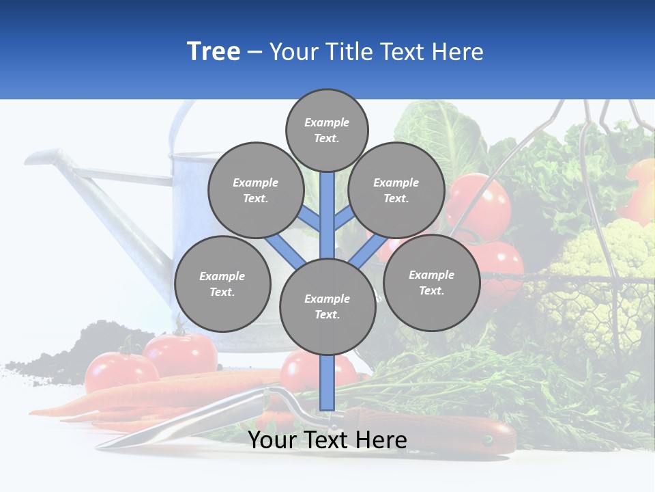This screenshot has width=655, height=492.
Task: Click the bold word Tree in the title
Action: (214, 52)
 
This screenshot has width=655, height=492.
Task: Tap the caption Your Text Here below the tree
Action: (327, 441)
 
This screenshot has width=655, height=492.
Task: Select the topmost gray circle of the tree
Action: (327, 130)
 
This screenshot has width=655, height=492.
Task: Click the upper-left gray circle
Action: (256, 190)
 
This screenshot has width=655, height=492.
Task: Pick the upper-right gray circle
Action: (396, 190)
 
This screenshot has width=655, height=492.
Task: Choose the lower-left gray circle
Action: (222, 284)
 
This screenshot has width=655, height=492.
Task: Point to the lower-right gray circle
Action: (431, 282)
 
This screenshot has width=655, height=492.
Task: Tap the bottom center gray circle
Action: (327, 306)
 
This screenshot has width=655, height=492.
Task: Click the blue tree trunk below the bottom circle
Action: (327, 383)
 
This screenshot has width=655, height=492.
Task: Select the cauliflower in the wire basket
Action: (600, 273)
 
